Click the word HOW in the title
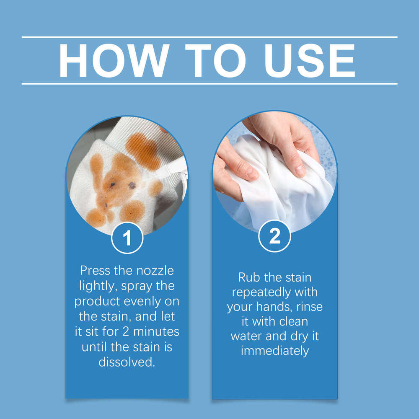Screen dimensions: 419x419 point(114,61)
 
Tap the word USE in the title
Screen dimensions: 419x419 point(310,61)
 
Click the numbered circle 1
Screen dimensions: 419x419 point(127,238)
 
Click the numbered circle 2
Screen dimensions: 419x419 point(275,236)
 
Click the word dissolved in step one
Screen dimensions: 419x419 point(127,362)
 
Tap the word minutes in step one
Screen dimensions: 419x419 point(156,331)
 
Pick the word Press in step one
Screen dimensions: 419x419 point(95,271)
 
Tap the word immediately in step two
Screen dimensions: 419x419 point(275,351)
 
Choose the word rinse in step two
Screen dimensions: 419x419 point(310,307)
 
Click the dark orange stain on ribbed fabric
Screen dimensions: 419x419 point(143,151)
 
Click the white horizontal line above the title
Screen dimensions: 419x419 point(209,37)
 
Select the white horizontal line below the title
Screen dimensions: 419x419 point(209,84)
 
